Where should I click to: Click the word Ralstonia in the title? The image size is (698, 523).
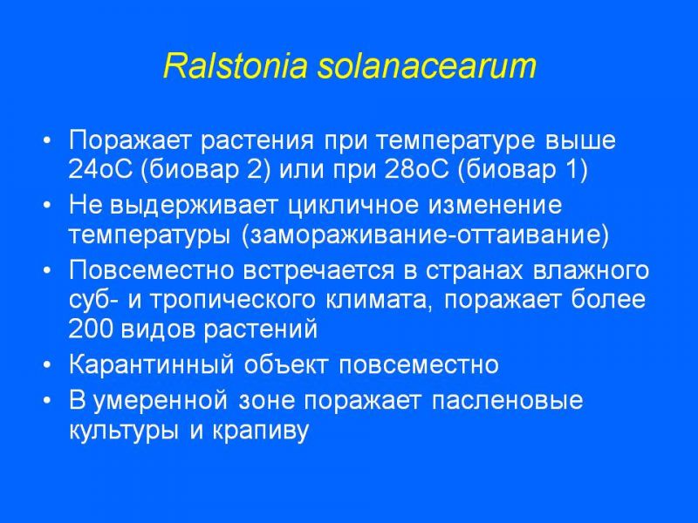pos(236,66)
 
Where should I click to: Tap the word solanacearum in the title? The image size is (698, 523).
pos(427,66)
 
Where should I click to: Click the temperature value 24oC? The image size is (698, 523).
pos(100,169)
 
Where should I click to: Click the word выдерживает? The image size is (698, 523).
pos(195,206)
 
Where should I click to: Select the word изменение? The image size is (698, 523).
pos(495,206)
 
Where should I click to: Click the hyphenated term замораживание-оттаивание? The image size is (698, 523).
pos(425,235)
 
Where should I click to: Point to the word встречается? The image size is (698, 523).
pos(318,271)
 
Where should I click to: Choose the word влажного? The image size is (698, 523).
pos(591,271)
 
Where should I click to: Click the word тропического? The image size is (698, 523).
pos(232,300)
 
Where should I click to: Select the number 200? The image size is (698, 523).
pos(90,329)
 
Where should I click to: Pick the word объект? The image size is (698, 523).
pos(286,364)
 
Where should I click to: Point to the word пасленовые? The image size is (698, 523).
pos(507,400)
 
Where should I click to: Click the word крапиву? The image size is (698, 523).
pos(260,431)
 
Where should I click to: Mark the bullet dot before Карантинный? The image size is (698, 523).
pos(47,365)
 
